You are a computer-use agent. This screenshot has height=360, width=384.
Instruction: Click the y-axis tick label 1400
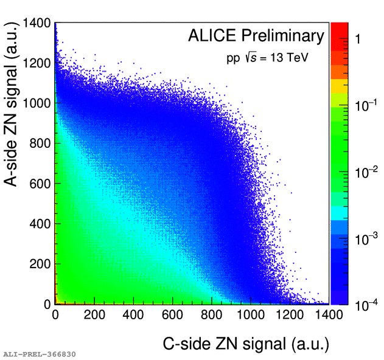point(36,24)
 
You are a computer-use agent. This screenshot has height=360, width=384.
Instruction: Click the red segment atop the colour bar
point(338,30)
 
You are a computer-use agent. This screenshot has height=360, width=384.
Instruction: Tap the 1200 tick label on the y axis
point(36,63)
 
